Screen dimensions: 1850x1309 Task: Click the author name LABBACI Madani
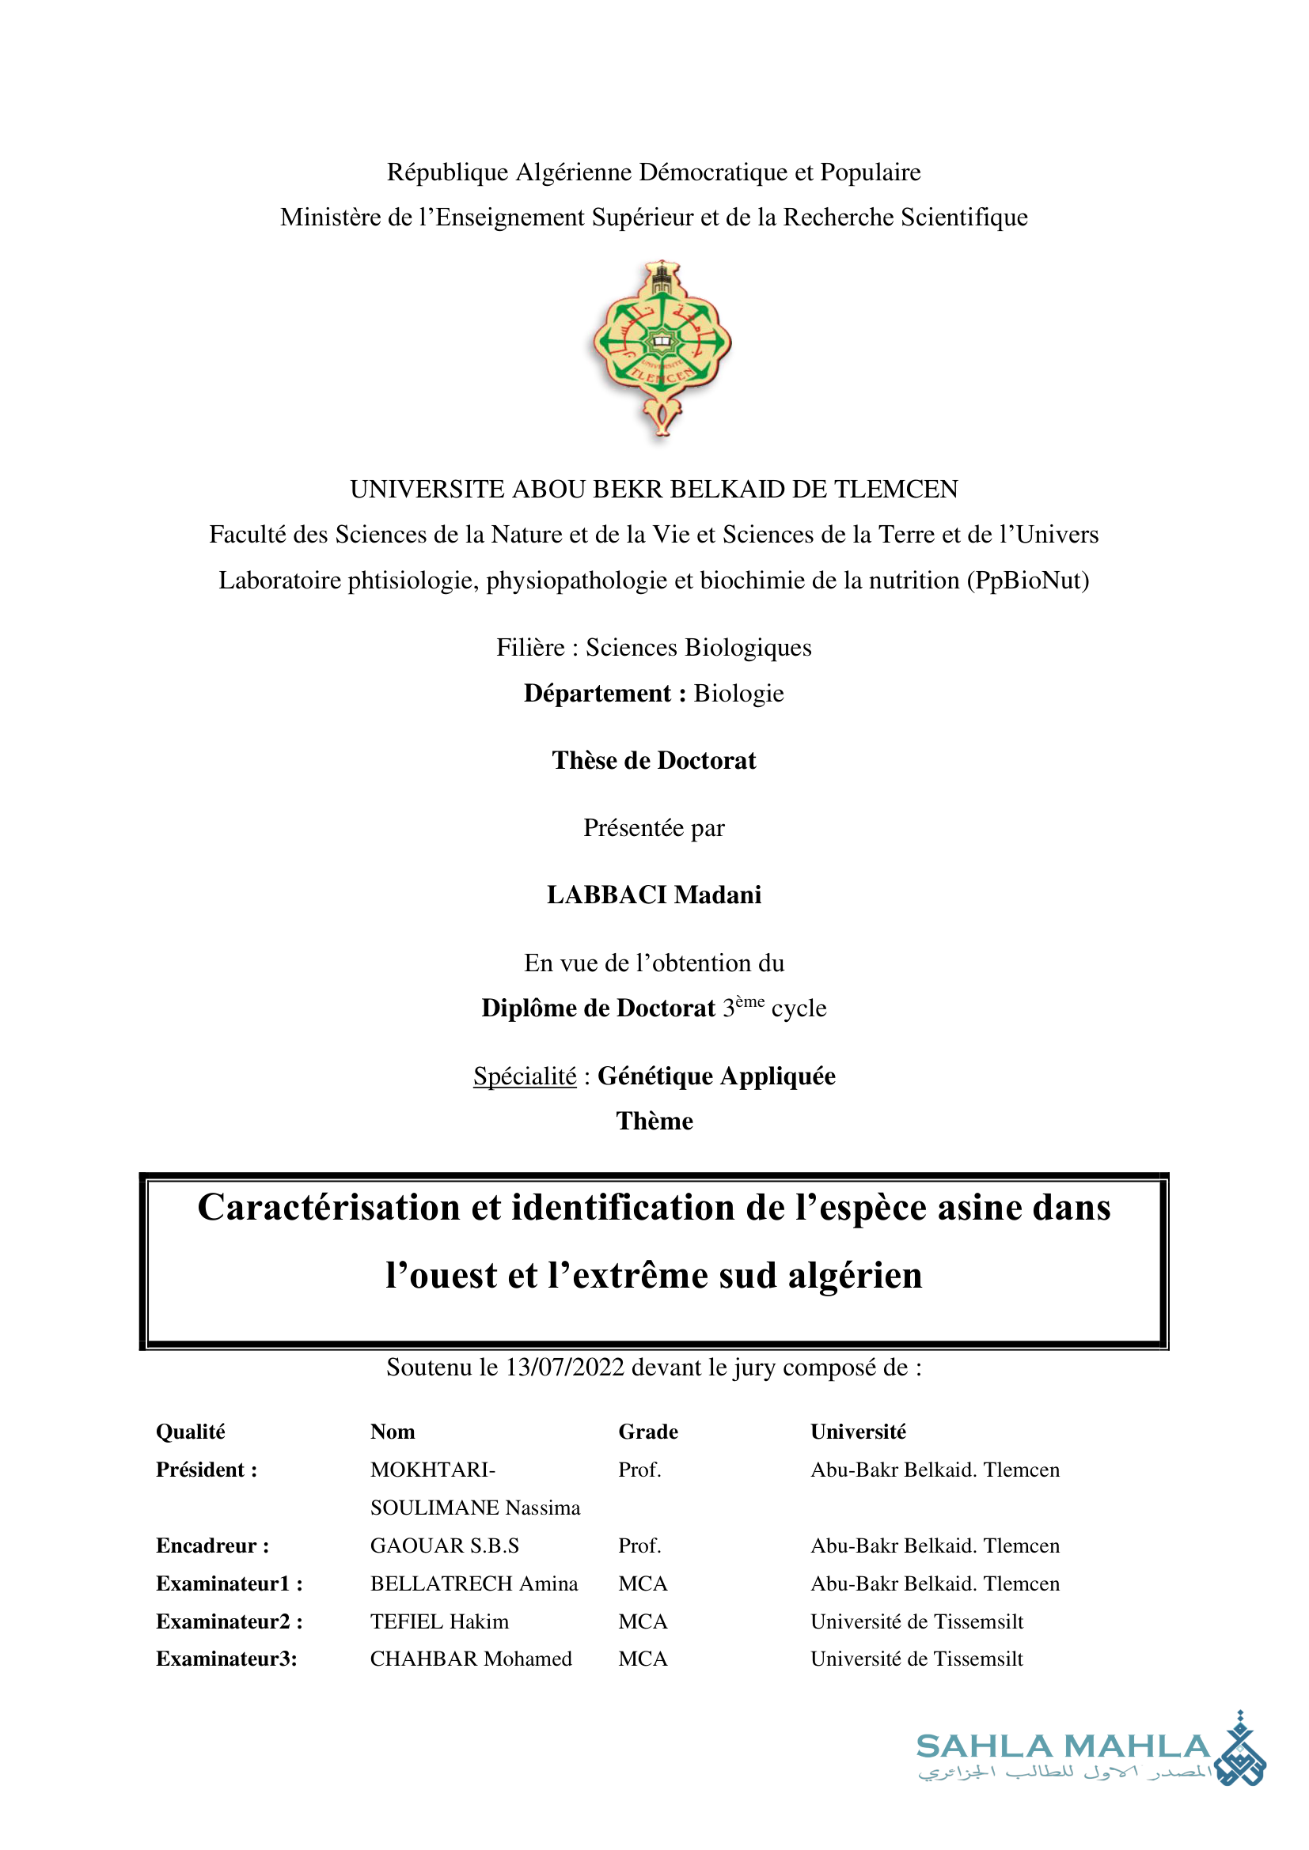(x=654, y=895)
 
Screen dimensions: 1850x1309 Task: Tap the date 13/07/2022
(x=564, y=1368)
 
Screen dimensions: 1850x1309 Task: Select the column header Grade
(x=648, y=1432)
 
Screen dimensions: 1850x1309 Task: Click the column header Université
(x=858, y=1432)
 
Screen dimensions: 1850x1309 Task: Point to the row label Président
(x=207, y=1470)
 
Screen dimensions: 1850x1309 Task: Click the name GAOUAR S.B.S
(x=444, y=1545)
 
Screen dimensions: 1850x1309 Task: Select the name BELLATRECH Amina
(x=474, y=1583)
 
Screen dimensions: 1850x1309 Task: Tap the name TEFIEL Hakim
(x=439, y=1621)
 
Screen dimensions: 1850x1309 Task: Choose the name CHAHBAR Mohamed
(x=471, y=1659)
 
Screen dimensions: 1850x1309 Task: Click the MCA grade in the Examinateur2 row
(x=643, y=1621)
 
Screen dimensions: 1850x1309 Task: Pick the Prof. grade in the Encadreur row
(x=639, y=1545)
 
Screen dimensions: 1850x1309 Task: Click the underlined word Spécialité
(x=525, y=1076)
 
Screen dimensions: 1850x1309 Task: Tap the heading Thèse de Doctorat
(x=654, y=760)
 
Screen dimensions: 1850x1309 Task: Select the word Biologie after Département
(x=738, y=693)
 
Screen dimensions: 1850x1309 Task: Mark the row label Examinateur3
(x=226, y=1659)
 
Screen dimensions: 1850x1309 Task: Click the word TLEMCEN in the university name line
(x=896, y=489)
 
